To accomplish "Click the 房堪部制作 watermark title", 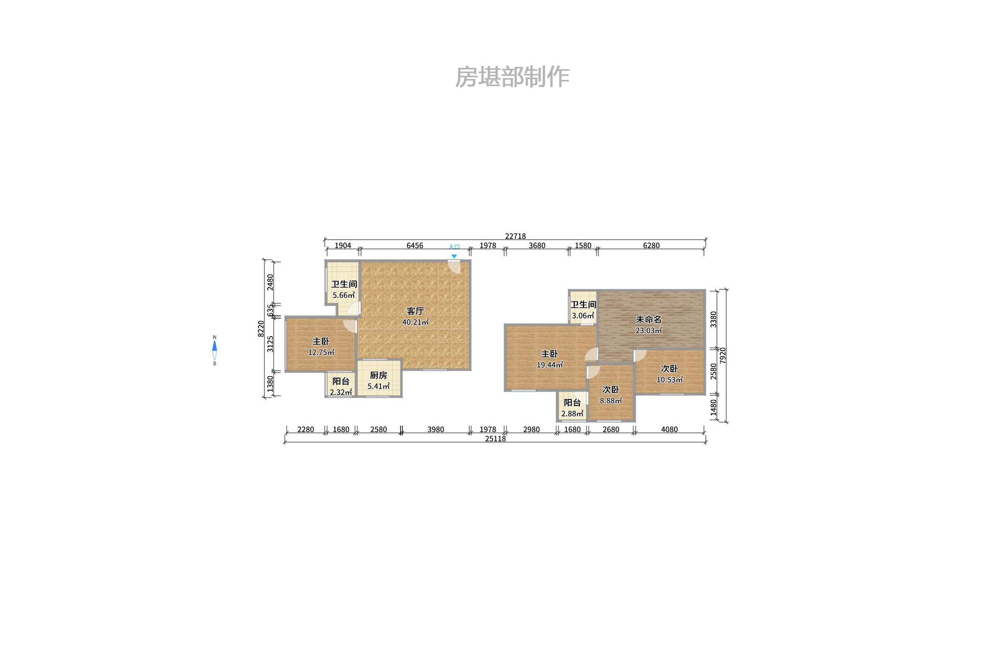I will coord(512,77).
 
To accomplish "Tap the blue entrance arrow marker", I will coord(454,256).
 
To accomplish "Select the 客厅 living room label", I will coord(415,311).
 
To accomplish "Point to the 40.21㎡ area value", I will coord(415,322).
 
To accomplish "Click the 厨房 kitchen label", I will coord(378,375).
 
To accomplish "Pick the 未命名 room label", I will coord(648,320).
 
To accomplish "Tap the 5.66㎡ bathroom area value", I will coord(343,295).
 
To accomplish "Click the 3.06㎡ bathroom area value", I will coord(583,316).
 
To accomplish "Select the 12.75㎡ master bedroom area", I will coord(321,353).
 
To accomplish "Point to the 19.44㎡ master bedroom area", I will coord(550,365).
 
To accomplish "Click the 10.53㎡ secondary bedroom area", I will coord(669,380).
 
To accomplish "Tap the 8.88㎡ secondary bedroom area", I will coord(611,401).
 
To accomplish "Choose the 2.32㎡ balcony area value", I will coord(341,392).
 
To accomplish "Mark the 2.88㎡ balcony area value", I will coord(572,414).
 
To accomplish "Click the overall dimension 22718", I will coord(515,236).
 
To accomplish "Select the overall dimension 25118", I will coord(495,439).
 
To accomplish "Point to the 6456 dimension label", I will coord(414,246).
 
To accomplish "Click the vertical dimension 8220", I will coord(261,329).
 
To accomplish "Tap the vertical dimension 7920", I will coord(723,356).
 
